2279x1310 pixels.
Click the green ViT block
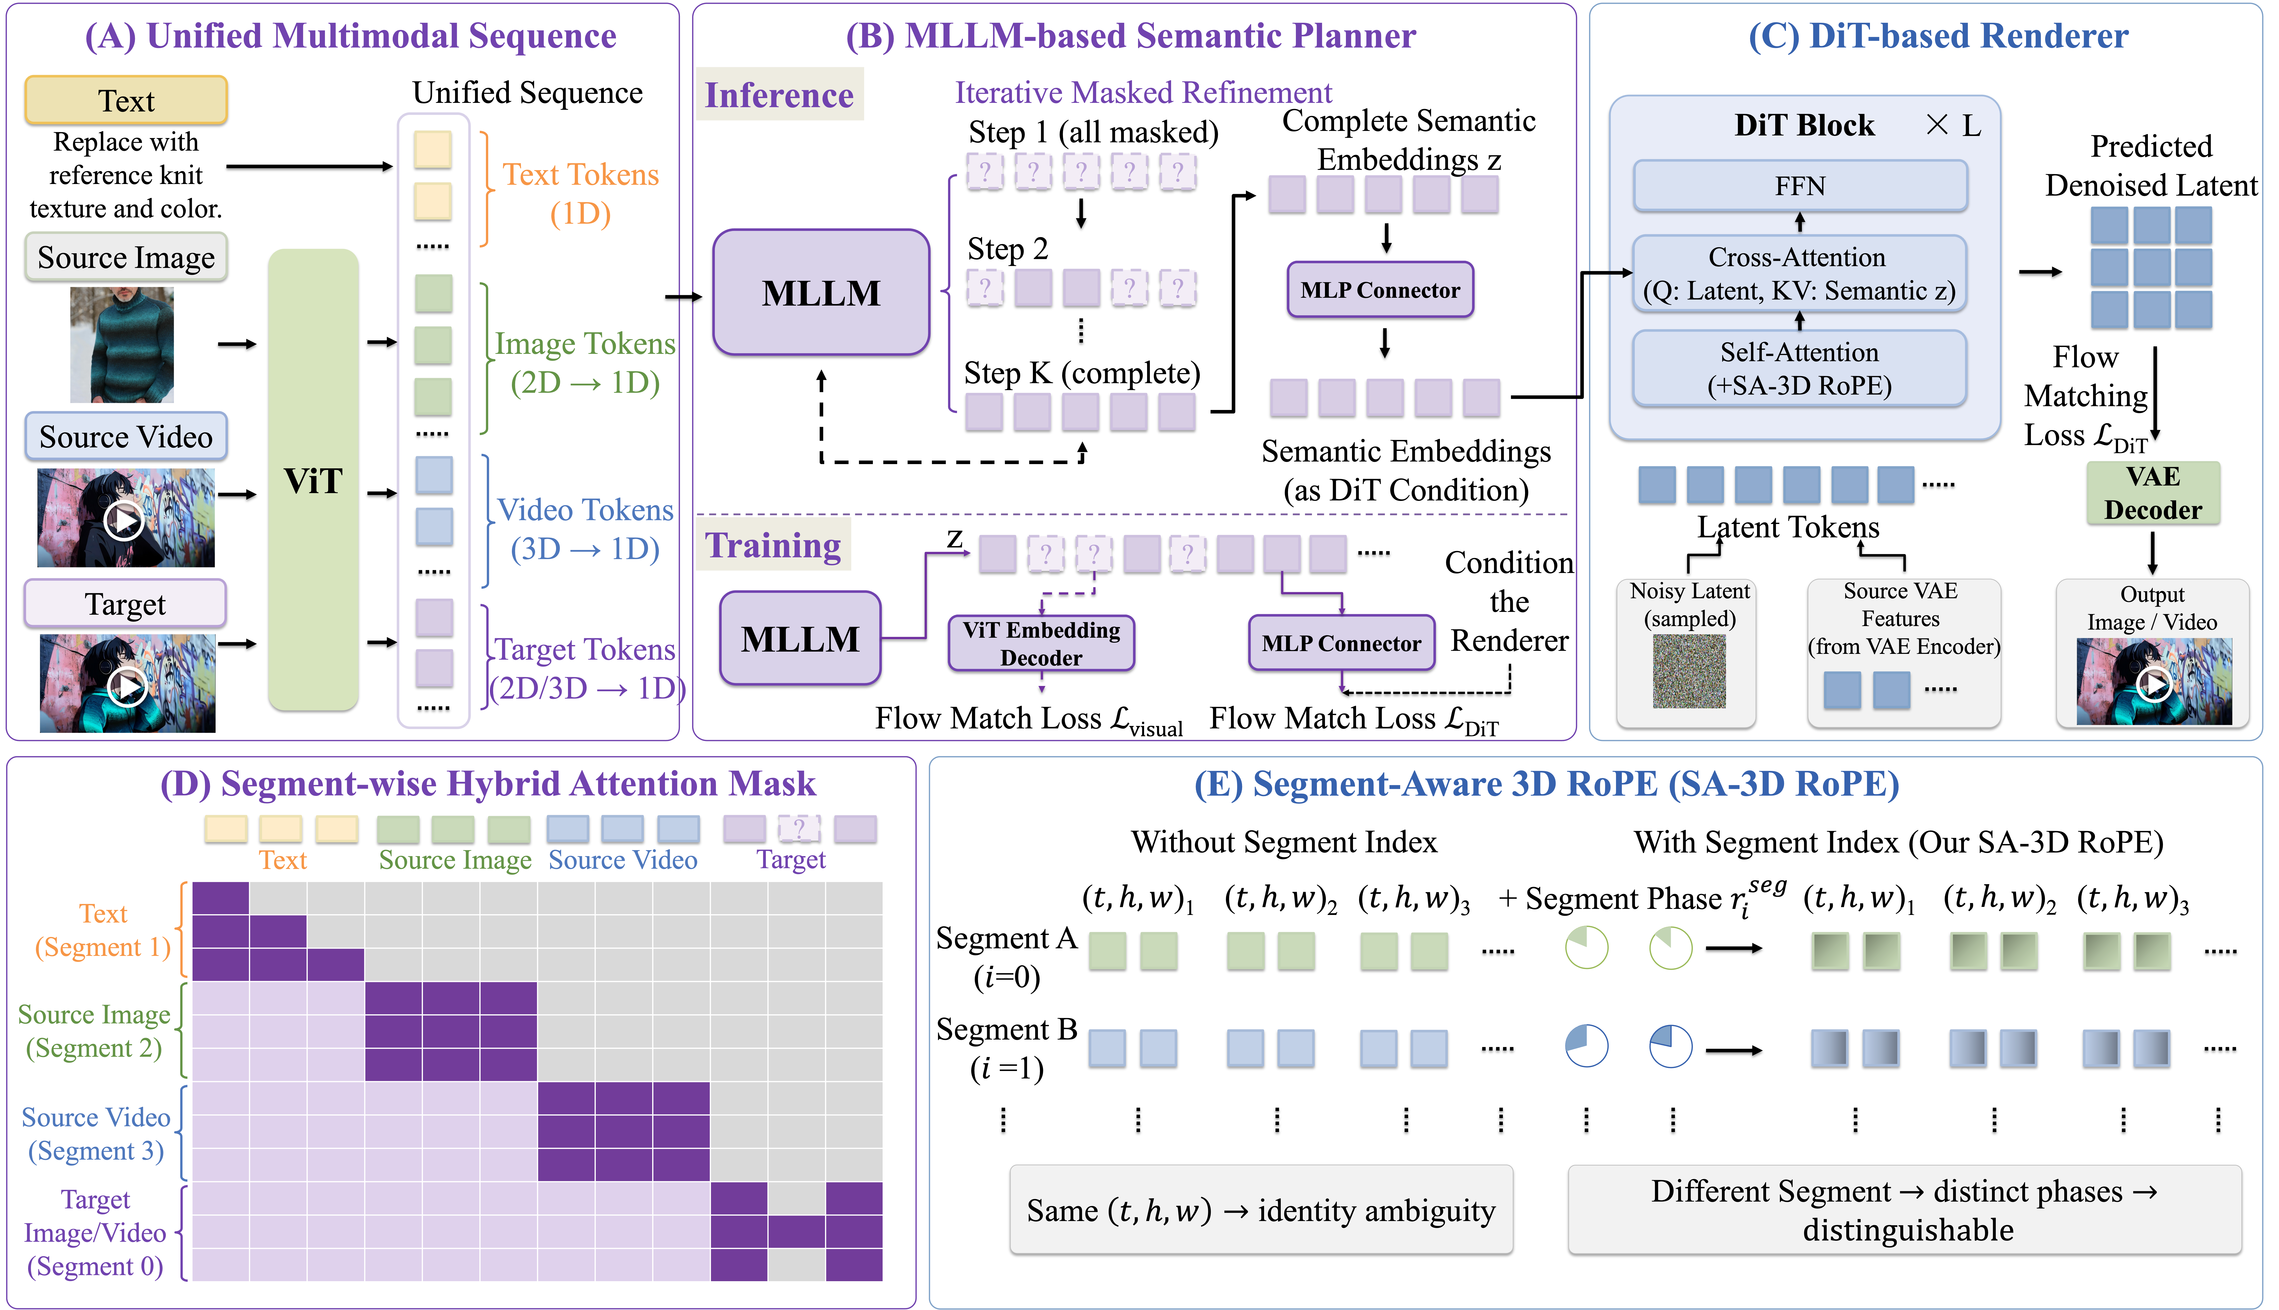[x=313, y=479]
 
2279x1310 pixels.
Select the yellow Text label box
[x=126, y=100]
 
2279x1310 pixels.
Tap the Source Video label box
[x=126, y=436]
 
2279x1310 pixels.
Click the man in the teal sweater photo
[x=122, y=344]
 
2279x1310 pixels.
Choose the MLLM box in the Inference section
[x=821, y=292]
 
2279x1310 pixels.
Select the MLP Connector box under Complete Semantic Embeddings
[x=1381, y=290]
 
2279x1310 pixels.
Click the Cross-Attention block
[x=1800, y=273]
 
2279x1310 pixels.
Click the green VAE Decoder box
[x=2153, y=493]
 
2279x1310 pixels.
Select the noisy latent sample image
[x=1689, y=670]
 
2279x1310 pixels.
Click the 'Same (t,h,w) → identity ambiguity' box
[x=1261, y=1210]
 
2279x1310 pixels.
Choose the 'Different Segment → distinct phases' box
[x=1905, y=1210]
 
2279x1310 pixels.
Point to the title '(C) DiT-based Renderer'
[x=1938, y=36]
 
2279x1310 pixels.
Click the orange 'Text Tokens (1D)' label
[x=580, y=193]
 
